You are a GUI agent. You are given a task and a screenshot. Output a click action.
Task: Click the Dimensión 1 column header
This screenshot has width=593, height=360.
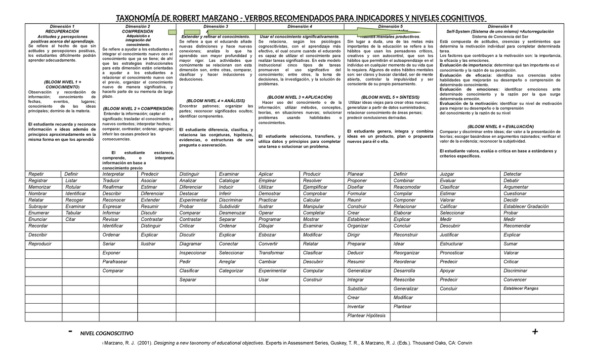[62, 26]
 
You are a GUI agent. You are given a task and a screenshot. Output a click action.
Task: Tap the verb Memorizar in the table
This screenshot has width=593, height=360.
[40, 187]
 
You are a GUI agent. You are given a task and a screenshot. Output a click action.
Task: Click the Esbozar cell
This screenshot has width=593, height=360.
[267, 235]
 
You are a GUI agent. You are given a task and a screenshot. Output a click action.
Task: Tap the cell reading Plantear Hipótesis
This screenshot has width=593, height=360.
[366, 315]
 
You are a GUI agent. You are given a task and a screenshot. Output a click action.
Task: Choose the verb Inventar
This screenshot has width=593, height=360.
[356, 307]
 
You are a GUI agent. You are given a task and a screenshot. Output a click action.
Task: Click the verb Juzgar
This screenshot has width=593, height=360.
[447, 174]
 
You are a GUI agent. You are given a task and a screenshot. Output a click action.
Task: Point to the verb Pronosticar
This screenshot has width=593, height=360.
[452, 253]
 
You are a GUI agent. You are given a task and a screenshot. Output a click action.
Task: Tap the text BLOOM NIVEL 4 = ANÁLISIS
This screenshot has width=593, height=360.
[215, 100]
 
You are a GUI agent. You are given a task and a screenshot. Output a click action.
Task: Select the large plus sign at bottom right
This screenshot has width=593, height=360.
[535, 331]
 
